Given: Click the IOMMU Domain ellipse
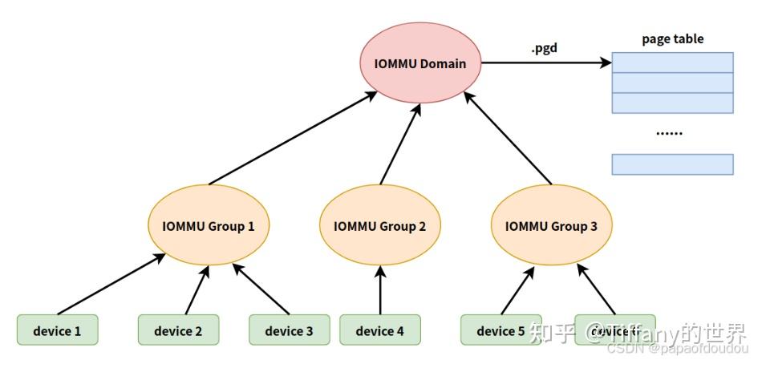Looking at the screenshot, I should pyautogui.click(x=420, y=63).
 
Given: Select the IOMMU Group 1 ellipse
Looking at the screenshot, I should pyautogui.click(x=209, y=226).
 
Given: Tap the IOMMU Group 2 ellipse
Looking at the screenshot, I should pyautogui.click(x=379, y=226).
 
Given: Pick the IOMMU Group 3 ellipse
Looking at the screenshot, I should pyautogui.click(x=551, y=226).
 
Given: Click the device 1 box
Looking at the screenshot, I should pyautogui.click(x=57, y=330).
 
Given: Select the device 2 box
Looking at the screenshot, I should pyautogui.click(x=178, y=330).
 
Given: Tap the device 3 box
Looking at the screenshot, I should pyautogui.click(x=289, y=330).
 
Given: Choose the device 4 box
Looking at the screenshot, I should pyautogui.click(x=379, y=330).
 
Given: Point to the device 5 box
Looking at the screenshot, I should pyautogui.click(x=501, y=330).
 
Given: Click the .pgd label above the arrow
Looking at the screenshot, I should pyautogui.click(x=544, y=48).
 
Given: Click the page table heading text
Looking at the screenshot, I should pyautogui.click(x=672, y=38).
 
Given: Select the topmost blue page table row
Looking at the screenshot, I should pyautogui.click(x=672, y=63).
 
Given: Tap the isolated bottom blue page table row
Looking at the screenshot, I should pyautogui.click(x=672, y=164).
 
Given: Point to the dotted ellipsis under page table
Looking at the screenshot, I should pyautogui.click(x=669, y=132).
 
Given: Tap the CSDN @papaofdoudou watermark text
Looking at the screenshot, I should pyautogui.click(x=677, y=349).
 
